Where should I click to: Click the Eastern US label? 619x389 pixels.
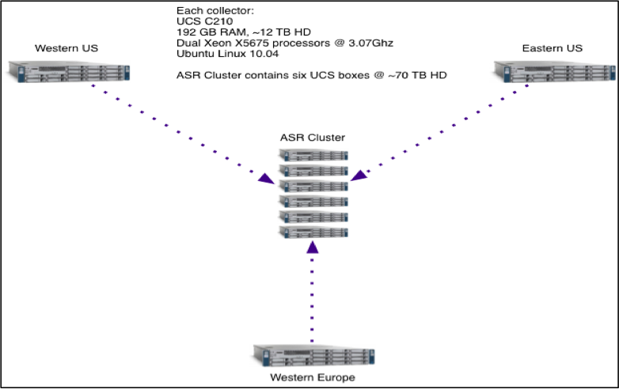point(553,48)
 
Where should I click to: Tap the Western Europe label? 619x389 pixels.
point(313,377)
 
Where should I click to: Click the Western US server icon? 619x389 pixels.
point(65,70)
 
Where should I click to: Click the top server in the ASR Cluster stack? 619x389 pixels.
point(313,155)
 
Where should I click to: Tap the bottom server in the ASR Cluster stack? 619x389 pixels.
point(313,231)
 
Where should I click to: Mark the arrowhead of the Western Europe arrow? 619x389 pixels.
point(313,247)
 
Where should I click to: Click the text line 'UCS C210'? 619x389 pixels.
point(201,21)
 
